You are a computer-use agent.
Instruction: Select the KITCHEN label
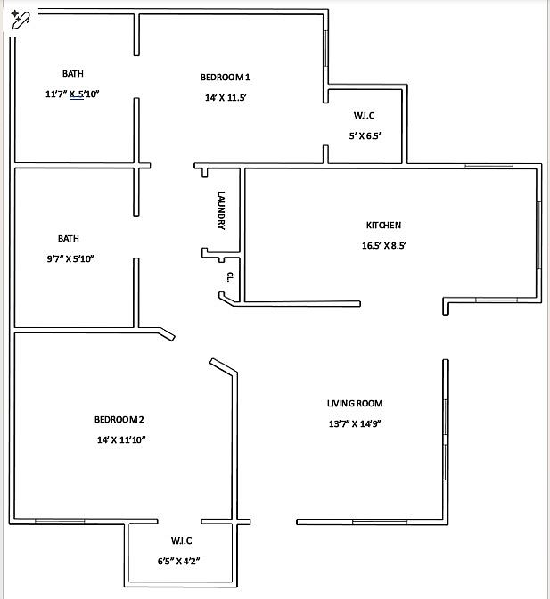(x=383, y=226)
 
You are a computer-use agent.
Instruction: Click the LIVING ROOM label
(x=355, y=404)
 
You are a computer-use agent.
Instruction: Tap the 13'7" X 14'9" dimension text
(x=355, y=424)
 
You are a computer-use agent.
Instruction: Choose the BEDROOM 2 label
(x=119, y=419)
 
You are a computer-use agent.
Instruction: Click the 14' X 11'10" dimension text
(x=120, y=439)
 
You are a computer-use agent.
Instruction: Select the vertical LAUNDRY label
(x=221, y=211)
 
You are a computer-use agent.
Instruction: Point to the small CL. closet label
(x=229, y=276)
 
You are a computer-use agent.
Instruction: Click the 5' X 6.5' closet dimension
(x=365, y=135)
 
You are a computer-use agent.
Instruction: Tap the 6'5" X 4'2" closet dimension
(x=182, y=561)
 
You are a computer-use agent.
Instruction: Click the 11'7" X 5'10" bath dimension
(x=72, y=94)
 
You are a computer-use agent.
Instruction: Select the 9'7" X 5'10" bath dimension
(x=69, y=258)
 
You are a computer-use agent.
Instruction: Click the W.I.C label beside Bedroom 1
(x=365, y=116)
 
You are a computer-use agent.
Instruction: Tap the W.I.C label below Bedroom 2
(x=182, y=541)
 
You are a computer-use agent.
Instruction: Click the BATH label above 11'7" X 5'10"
(x=73, y=73)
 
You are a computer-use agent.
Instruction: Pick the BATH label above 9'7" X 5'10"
(x=69, y=238)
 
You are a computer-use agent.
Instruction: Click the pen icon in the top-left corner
(x=19, y=19)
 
